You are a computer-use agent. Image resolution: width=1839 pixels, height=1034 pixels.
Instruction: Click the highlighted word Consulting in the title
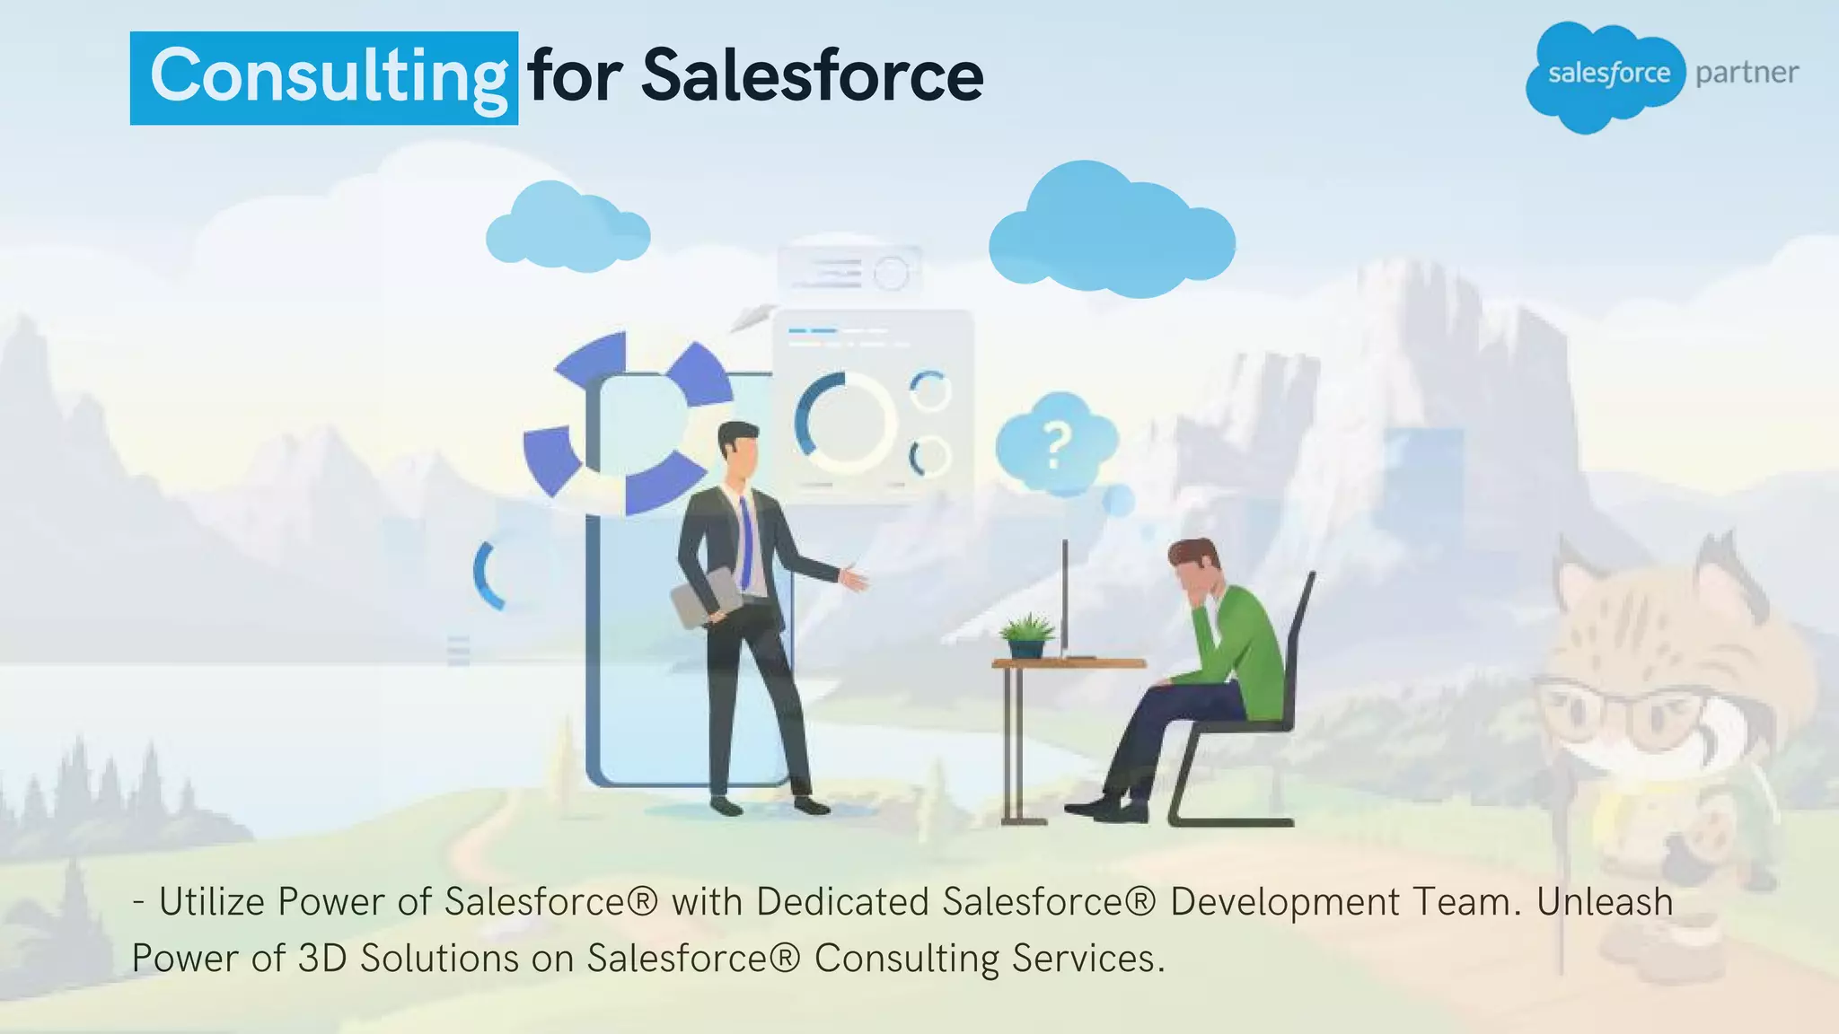click(x=325, y=77)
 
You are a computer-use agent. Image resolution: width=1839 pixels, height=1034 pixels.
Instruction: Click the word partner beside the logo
click(x=1747, y=73)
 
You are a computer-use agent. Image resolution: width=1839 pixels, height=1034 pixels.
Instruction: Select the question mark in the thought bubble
click(x=1058, y=444)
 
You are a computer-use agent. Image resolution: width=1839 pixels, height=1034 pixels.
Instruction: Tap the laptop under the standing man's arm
click(x=707, y=596)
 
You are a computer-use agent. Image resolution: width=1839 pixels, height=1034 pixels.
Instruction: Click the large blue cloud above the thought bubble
click(x=1112, y=233)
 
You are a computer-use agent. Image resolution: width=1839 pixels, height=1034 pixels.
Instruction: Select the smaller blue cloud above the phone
click(x=567, y=229)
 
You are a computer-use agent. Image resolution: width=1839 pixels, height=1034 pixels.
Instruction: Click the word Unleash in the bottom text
click(x=1605, y=902)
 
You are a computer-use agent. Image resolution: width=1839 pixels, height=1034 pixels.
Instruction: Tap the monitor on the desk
click(x=1065, y=597)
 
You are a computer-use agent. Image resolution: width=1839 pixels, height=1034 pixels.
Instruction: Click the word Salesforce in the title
click(x=812, y=77)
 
